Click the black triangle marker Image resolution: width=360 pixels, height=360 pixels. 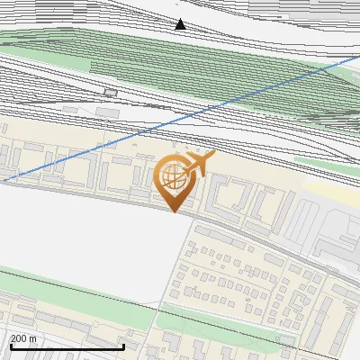tap(180, 24)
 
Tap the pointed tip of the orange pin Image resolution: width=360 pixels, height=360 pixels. tap(174, 211)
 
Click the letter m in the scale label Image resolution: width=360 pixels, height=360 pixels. tap(33, 338)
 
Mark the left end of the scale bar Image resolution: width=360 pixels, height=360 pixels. tap(10, 346)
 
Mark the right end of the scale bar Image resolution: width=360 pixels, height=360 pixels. tap(123, 346)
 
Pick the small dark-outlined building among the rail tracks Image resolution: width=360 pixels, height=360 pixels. tap(111, 92)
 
